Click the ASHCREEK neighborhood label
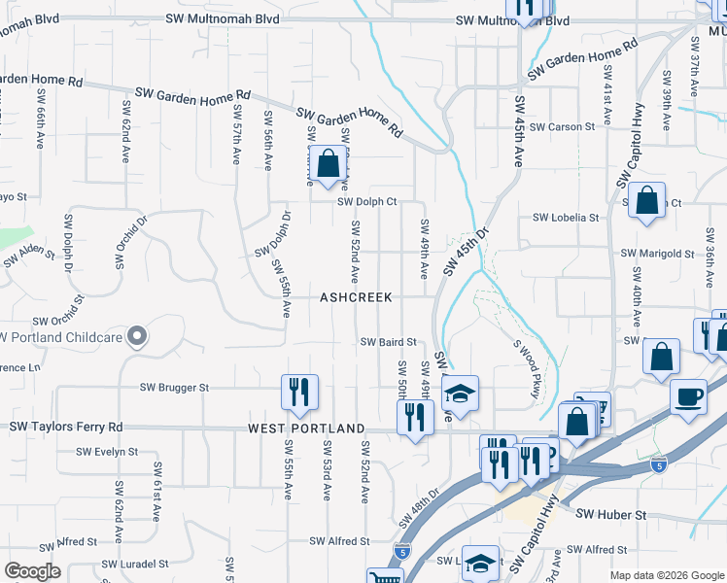click(x=356, y=298)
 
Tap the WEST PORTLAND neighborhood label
click(x=306, y=429)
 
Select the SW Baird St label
click(x=388, y=342)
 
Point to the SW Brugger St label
click(x=176, y=388)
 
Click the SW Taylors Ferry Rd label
click(x=66, y=427)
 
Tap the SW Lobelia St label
click(x=565, y=218)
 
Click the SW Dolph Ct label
click(x=367, y=202)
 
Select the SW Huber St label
click(x=611, y=513)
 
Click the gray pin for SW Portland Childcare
click(x=137, y=336)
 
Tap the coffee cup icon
click(x=688, y=397)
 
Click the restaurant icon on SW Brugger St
click(x=299, y=393)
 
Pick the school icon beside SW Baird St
click(x=460, y=393)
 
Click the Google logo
click(x=32, y=571)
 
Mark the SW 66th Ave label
click(x=40, y=127)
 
